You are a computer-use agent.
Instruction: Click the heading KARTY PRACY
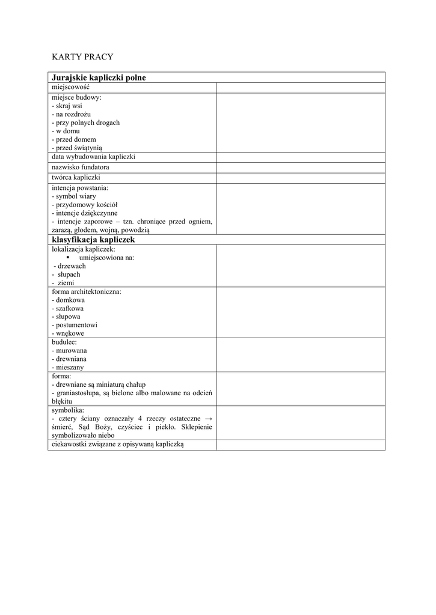click(x=82, y=57)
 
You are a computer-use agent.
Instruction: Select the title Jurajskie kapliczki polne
click(x=99, y=77)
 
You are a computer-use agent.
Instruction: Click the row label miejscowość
click(x=70, y=88)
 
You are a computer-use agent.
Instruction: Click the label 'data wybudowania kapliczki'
click(x=93, y=157)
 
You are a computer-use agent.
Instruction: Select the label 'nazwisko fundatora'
click(x=81, y=168)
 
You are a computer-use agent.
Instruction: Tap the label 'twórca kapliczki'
click(x=76, y=178)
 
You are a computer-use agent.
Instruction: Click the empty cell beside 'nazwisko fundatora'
click(x=300, y=168)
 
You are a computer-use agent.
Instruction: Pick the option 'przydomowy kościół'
click(x=85, y=204)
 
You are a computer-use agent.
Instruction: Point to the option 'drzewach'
click(x=71, y=265)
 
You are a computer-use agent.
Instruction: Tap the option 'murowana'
click(x=71, y=350)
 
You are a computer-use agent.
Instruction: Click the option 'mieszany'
click(x=70, y=367)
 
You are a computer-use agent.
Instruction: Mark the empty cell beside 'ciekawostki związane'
click(x=300, y=444)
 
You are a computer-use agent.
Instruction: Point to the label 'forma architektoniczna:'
click(x=87, y=291)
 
